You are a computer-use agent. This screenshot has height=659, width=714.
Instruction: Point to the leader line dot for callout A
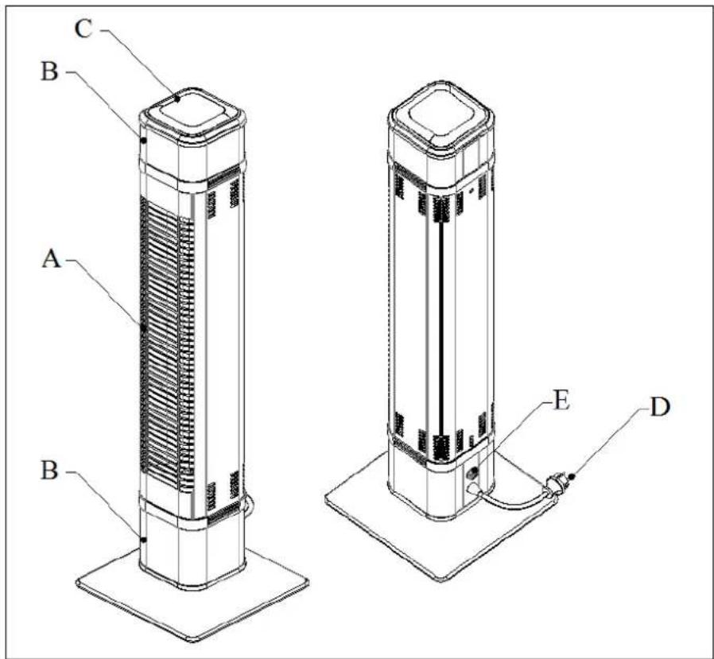[144, 327]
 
